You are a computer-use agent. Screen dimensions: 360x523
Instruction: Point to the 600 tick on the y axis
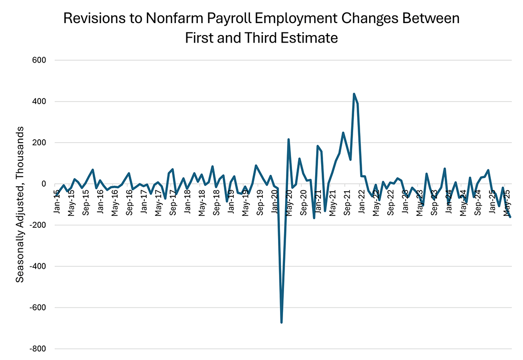(39, 61)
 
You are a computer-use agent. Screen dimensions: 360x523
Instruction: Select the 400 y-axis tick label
(39, 102)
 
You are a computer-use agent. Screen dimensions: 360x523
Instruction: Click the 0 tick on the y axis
(44, 184)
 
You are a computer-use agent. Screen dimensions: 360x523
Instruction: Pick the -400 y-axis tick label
(38, 266)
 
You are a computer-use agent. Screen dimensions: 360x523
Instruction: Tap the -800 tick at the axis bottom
(38, 349)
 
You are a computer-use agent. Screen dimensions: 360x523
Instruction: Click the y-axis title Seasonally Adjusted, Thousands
(20, 204)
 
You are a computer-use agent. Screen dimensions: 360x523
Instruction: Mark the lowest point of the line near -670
(282, 322)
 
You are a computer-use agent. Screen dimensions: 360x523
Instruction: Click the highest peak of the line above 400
(354, 94)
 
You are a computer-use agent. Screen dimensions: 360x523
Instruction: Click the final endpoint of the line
(510, 217)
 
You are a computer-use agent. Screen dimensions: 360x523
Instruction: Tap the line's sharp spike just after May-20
(289, 140)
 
